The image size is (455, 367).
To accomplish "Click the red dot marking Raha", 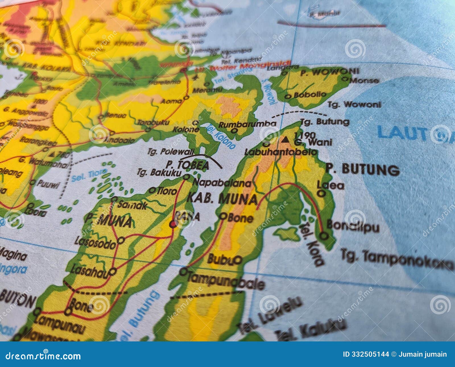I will pos(173,224).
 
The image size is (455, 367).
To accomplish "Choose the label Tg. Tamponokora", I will pos(397,259).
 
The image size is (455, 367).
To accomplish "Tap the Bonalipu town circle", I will pos(324,236).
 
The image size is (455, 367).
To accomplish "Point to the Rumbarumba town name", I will pos(247,124).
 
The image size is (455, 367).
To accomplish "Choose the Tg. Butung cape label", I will pos(325,122).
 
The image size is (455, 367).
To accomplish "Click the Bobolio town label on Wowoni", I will pos(310,95).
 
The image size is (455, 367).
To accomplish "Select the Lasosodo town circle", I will pos(121,240).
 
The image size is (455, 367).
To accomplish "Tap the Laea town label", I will pos(330,185).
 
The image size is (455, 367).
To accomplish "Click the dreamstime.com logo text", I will pos(43,356).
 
